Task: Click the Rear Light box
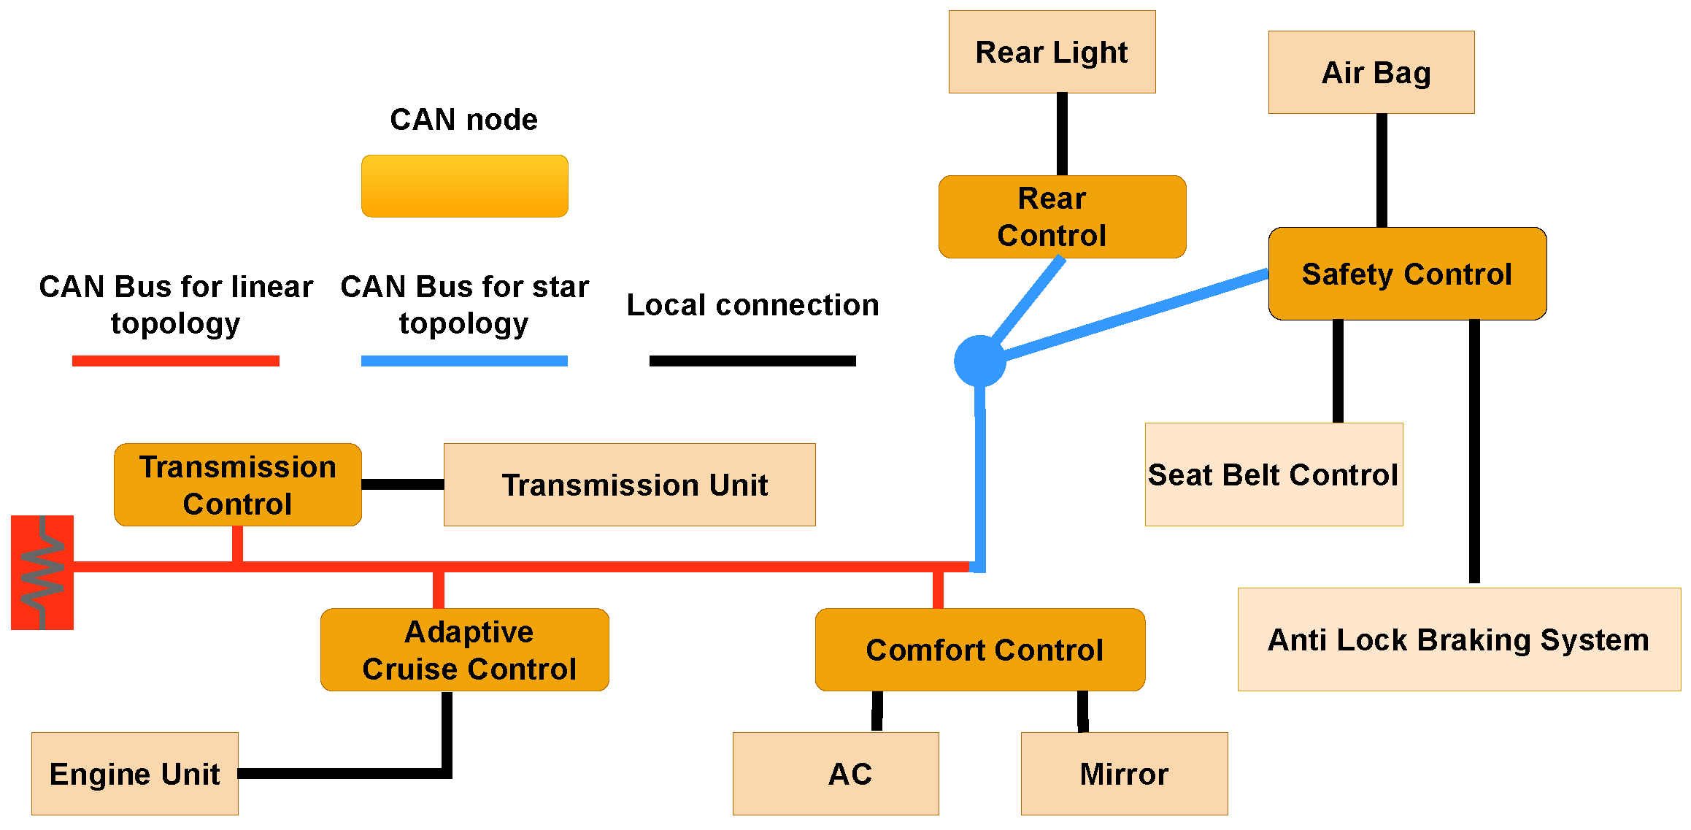point(1052,52)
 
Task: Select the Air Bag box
point(1371,72)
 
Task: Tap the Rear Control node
point(1062,217)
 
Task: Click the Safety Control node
point(1406,274)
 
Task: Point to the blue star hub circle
point(979,361)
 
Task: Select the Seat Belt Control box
point(1274,474)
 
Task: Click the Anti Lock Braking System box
point(1459,639)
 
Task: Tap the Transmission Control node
point(237,485)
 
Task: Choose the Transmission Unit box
point(629,485)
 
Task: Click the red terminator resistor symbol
point(42,572)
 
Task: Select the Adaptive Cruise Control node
point(464,650)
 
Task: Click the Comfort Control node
point(979,650)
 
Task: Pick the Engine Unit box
point(135,774)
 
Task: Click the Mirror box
point(1124,774)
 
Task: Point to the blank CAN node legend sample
point(464,186)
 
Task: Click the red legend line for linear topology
point(175,361)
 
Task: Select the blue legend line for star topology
point(464,361)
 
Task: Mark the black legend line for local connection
point(752,361)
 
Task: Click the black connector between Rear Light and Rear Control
point(1062,134)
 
